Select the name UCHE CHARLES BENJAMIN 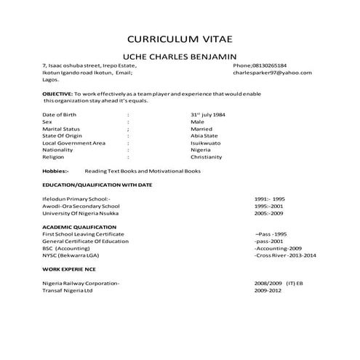[x=180, y=57]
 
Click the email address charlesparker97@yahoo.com [x=272, y=73]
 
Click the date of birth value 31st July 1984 [x=211, y=114]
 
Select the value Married [x=201, y=129]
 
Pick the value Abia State [x=204, y=136]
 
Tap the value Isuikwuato [x=206, y=143]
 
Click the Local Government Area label [x=74, y=143]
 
